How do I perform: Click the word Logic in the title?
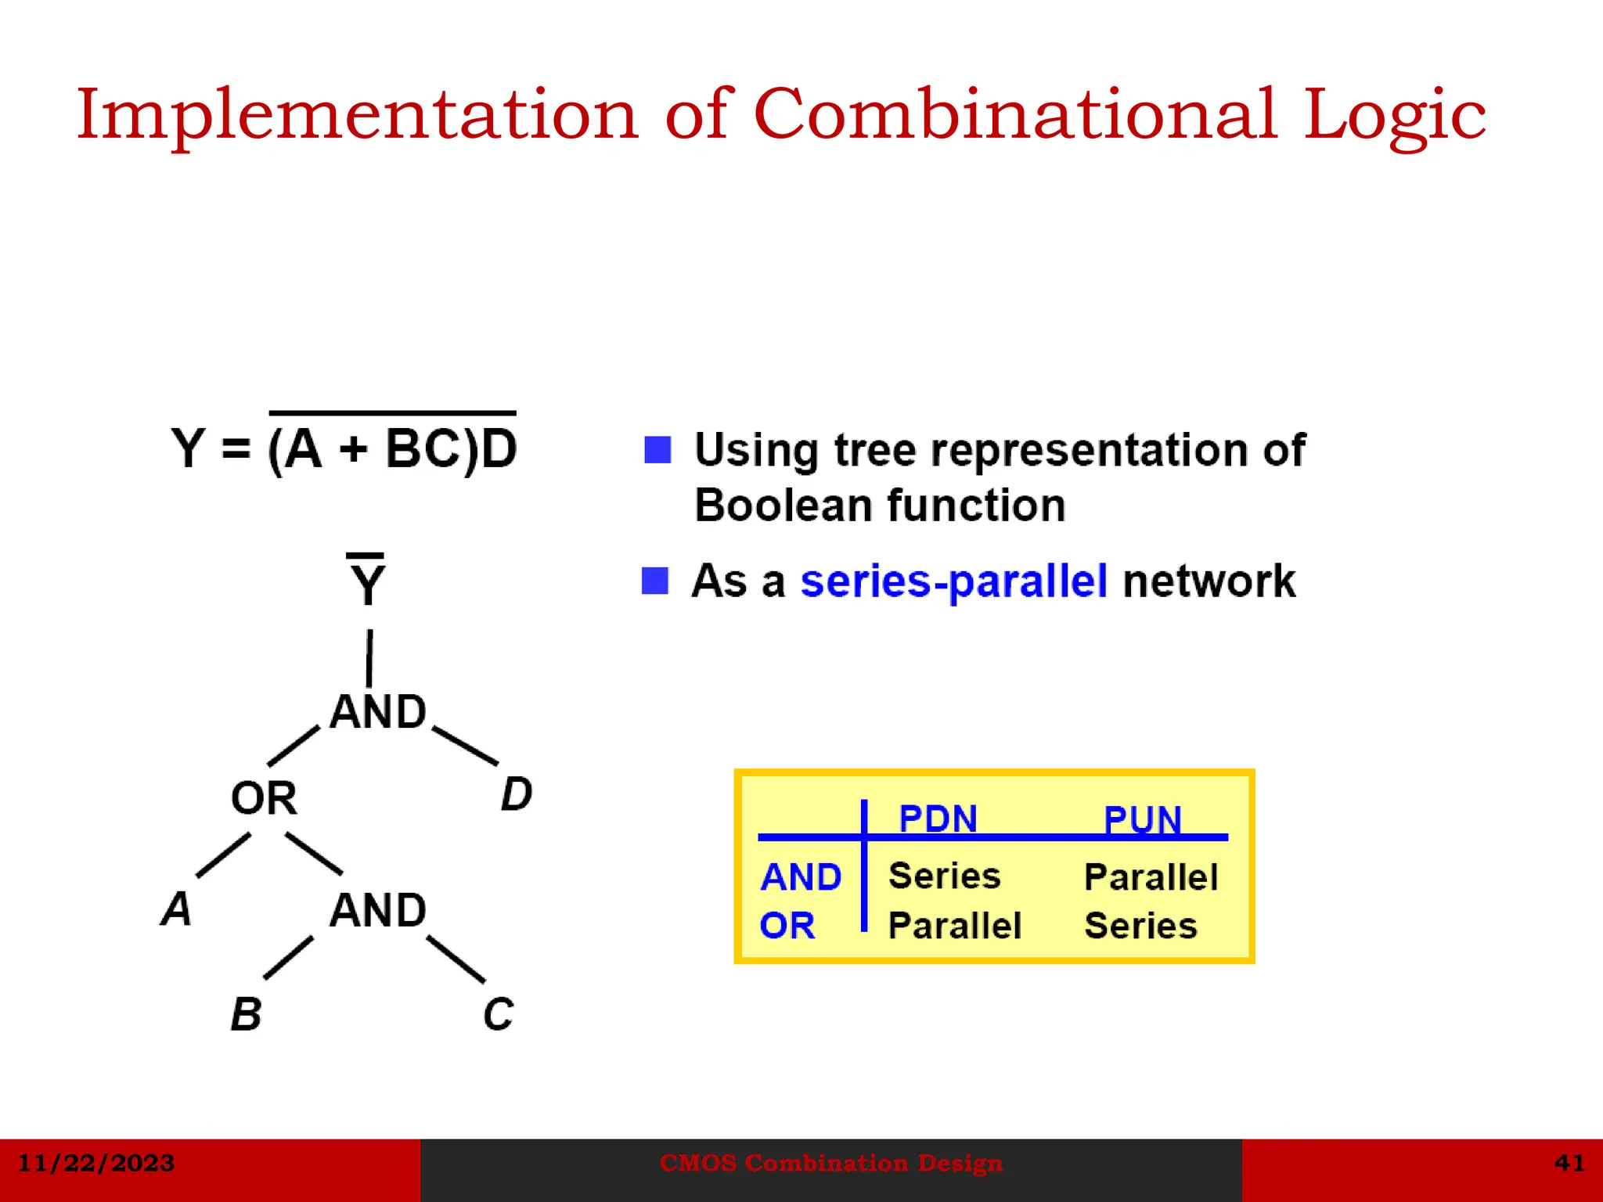(1394, 116)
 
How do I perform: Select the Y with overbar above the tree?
(366, 581)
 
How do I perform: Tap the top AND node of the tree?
(378, 712)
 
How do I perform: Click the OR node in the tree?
(264, 798)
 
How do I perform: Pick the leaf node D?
(517, 794)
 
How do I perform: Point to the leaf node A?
(177, 909)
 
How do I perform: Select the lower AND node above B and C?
(378, 910)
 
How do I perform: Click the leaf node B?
(247, 1014)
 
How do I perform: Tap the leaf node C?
(498, 1014)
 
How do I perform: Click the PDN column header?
(938, 819)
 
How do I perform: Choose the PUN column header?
(1142, 820)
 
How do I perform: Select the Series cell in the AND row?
(945, 876)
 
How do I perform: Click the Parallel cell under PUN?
(1151, 877)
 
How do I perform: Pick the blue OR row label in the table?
(787, 926)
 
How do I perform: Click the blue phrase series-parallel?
(953, 581)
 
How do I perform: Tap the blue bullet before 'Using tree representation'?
(657, 450)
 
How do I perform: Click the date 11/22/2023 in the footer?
(96, 1163)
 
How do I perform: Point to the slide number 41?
(1569, 1163)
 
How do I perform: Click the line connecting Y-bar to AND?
(369, 658)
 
